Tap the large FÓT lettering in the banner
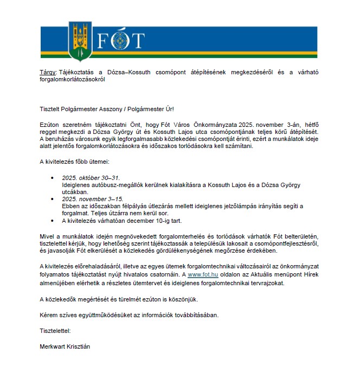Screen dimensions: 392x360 point(121,41)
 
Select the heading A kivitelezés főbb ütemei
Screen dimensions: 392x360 point(75,162)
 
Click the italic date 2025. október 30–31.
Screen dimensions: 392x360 point(91,178)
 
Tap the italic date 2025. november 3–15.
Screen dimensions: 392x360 point(92,199)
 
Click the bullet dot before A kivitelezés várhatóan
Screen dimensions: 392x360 point(52,221)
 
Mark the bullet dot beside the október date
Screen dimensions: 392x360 point(52,178)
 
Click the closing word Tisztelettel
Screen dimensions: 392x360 point(55,330)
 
